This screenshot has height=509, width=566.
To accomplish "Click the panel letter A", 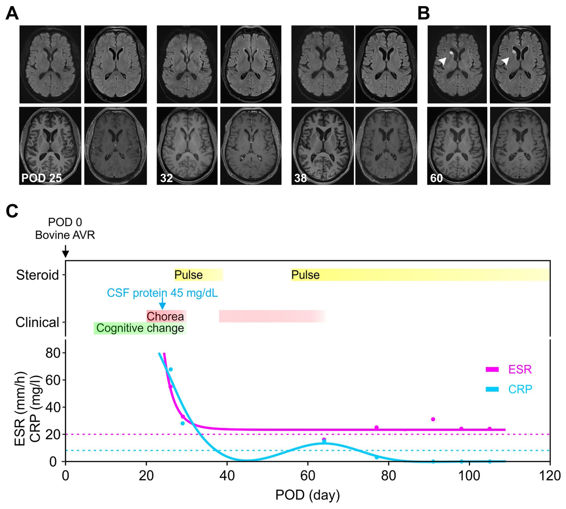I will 12,13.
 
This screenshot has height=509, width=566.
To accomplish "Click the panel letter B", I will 424,13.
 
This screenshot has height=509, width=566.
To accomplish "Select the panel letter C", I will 12,211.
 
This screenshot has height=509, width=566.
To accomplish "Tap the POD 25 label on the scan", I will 41,178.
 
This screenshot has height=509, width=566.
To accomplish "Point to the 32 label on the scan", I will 166,178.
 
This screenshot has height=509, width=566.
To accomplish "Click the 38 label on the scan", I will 300,178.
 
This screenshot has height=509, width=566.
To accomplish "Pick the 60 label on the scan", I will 436,178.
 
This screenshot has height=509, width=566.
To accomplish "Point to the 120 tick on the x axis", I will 550,475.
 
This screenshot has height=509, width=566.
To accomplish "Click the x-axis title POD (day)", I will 308,495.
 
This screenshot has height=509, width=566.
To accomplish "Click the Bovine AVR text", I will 65,234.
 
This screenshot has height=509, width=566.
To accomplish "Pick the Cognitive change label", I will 140,328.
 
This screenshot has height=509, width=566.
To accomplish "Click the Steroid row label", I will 38,275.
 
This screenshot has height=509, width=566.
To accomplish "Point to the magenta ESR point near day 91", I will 433,419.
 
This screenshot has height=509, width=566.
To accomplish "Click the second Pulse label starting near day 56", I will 305,275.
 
